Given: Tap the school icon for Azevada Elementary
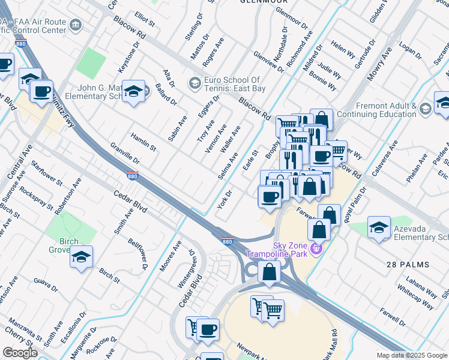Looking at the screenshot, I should [379, 227].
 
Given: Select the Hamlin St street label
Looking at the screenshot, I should [143, 142].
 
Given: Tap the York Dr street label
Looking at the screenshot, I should [226, 199].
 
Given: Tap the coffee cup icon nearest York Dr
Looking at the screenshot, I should [270, 197].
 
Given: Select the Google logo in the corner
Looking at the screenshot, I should [20, 353].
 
